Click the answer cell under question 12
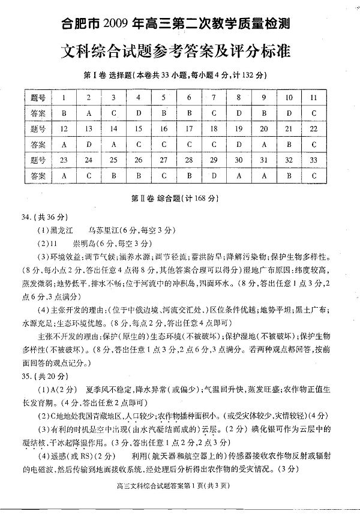tap(64, 144)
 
